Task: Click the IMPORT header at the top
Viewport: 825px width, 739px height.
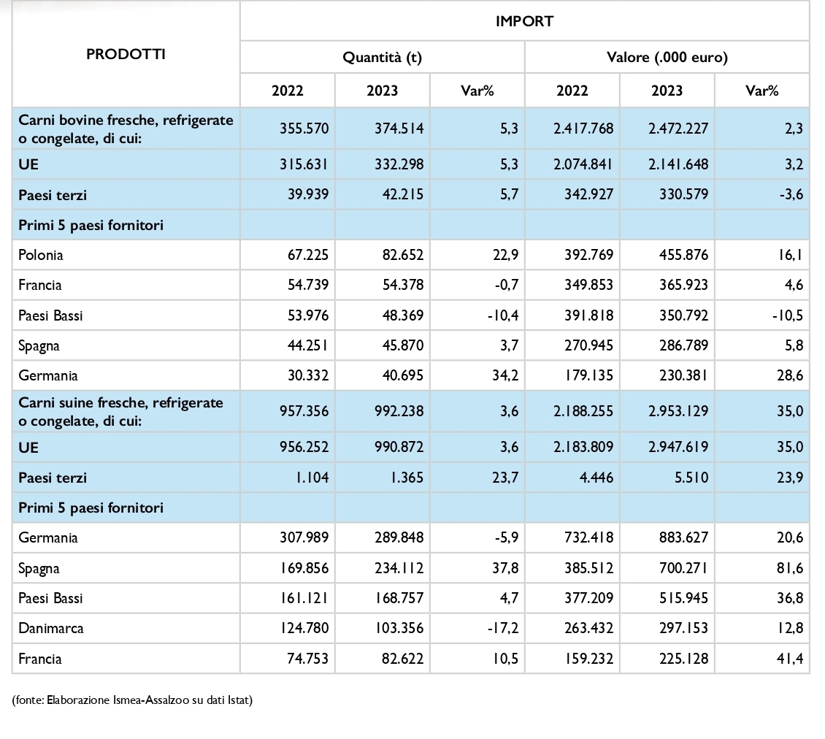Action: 524,21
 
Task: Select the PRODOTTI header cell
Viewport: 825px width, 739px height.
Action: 126,54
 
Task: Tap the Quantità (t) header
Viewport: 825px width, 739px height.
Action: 382,57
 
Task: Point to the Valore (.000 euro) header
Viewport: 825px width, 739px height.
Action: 667,57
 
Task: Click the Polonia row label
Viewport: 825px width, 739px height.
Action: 40,256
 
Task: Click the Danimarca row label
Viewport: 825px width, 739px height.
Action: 50,628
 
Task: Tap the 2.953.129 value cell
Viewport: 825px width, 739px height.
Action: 678,410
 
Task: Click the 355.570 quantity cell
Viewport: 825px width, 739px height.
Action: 304,129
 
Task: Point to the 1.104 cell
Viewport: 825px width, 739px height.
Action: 312,478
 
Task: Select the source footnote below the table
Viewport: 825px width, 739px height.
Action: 132,700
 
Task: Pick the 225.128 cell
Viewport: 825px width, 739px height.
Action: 683,659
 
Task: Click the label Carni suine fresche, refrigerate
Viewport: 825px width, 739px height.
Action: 120,402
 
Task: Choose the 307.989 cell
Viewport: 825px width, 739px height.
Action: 304,537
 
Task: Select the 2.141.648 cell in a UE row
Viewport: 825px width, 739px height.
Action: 678,164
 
